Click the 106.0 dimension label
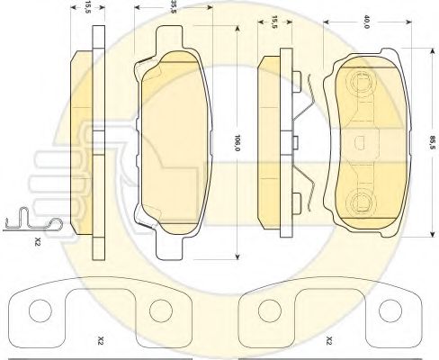coord(236,144)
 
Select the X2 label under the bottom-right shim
coord(329,341)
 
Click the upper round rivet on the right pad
coord(366,85)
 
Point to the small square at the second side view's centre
coord(295,142)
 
